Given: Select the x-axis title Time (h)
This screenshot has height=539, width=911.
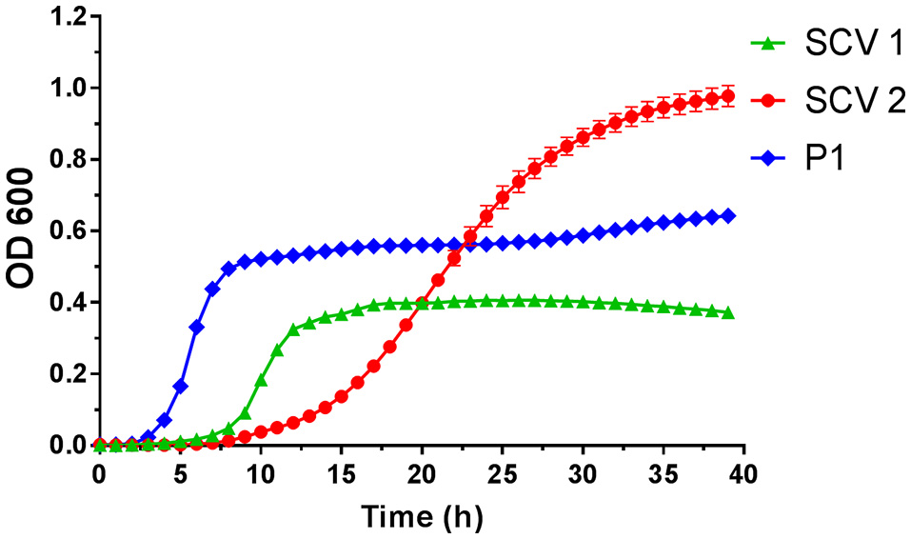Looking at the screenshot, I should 422,517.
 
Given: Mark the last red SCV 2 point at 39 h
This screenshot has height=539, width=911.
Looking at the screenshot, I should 727,95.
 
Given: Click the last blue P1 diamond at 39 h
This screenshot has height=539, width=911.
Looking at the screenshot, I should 727,216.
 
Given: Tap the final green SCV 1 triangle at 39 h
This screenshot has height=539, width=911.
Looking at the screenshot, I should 727,313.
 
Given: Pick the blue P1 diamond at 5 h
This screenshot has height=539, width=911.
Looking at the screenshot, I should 180,386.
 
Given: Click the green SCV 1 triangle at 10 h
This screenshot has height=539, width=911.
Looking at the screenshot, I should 261,380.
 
